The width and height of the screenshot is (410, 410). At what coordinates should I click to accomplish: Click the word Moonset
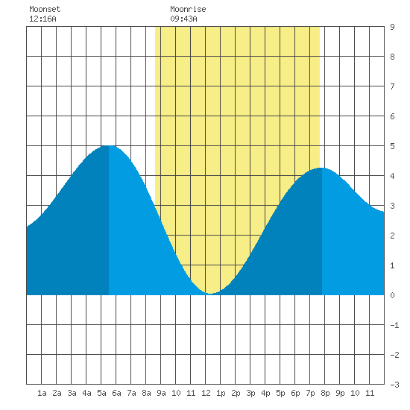(x=45, y=9)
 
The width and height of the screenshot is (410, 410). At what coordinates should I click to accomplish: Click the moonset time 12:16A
(x=42, y=19)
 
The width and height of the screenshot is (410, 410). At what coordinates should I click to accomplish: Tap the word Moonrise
(x=188, y=9)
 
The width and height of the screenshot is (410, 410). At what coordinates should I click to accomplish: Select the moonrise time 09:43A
(x=183, y=19)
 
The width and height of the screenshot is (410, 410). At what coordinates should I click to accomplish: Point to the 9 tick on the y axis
(x=392, y=27)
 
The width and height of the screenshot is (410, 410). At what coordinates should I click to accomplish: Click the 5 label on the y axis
(x=392, y=146)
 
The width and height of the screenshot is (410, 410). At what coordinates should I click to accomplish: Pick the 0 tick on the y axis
(x=392, y=295)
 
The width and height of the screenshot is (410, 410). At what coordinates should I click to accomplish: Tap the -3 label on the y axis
(x=394, y=385)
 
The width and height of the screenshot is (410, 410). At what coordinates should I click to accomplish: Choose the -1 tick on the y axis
(x=394, y=325)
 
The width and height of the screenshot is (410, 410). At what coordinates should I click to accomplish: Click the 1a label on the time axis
(x=42, y=393)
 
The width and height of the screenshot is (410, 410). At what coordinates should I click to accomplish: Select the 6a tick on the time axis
(x=116, y=393)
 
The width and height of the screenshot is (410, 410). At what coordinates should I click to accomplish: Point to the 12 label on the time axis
(x=206, y=393)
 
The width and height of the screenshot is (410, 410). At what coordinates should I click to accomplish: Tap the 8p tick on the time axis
(x=325, y=393)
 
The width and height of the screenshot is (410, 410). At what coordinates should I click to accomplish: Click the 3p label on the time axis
(x=250, y=393)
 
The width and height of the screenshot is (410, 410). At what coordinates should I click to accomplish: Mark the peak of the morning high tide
(x=109, y=145)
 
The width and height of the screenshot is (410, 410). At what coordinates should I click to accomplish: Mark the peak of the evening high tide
(x=321, y=168)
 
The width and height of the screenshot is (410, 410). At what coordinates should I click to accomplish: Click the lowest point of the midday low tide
(x=211, y=294)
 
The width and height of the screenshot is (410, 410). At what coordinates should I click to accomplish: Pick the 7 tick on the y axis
(x=392, y=86)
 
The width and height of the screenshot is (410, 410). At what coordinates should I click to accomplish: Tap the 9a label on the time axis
(x=161, y=393)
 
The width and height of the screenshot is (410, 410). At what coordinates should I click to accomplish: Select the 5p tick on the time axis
(x=280, y=393)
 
